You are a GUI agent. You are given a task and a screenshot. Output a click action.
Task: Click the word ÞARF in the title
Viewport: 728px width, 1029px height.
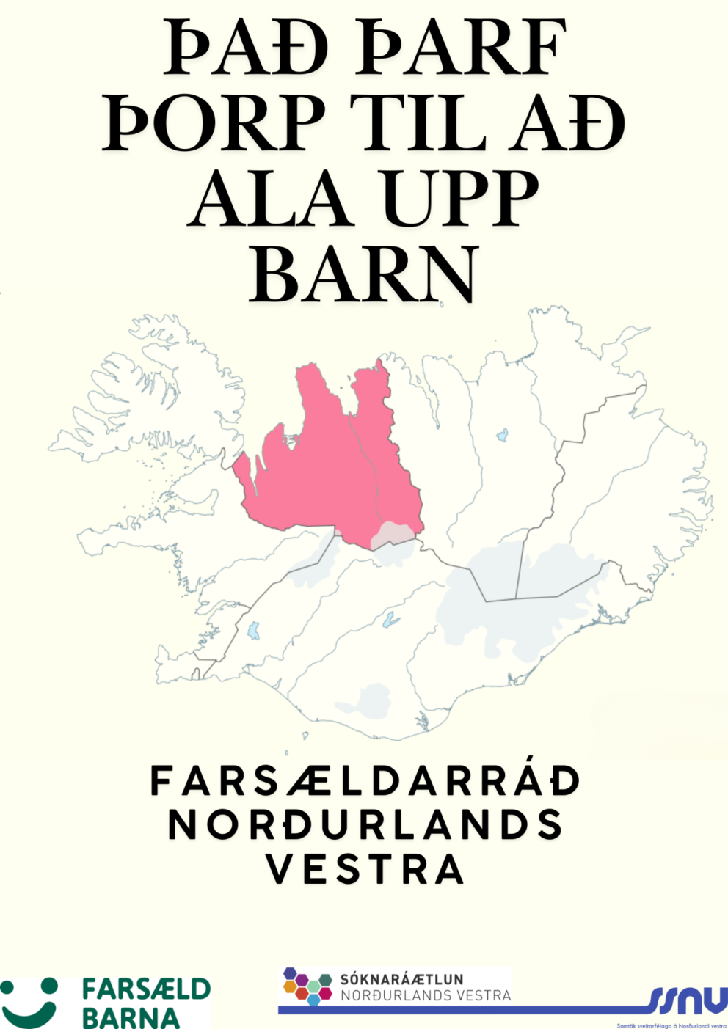point(461,48)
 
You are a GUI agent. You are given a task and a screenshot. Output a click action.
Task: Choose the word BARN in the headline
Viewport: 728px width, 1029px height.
point(364,274)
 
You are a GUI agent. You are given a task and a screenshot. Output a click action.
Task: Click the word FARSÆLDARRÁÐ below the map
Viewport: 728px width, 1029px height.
point(365,781)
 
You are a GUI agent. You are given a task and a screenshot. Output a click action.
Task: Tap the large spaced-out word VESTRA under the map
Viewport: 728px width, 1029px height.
point(365,871)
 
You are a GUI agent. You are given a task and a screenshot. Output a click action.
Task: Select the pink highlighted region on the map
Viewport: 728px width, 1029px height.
point(330,469)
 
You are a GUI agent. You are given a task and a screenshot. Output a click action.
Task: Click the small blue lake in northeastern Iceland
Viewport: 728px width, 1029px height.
point(502,435)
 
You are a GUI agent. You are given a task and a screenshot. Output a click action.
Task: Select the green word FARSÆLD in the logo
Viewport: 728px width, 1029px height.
point(146,989)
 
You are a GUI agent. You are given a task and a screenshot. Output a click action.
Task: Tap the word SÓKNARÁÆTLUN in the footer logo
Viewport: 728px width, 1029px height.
point(401,979)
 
